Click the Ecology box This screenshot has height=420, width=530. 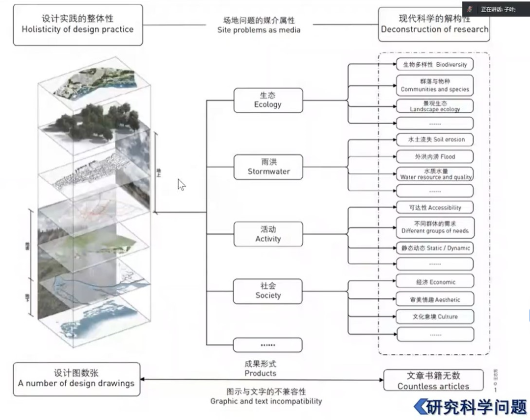[268, 100]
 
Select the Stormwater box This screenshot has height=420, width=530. [268, 167]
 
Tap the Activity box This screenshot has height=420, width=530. [268, 234]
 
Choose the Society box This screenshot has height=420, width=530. [268, 291]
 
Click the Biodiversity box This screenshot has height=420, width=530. [435, 64]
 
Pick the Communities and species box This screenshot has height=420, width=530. [435, 85]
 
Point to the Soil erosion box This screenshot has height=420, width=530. [435, 140]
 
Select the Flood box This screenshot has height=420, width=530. [435, 157]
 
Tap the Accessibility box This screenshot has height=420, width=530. [435, 208]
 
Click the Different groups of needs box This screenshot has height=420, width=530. [435, 227]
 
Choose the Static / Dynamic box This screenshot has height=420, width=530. [435, 248]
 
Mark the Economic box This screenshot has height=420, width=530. [435, 282]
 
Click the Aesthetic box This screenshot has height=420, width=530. [435, 299]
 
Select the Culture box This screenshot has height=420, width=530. [435, 317]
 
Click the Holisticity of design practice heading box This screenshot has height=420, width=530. [78, 25]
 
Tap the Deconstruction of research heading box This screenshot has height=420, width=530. [434, 25]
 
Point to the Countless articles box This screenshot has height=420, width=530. [433, 381]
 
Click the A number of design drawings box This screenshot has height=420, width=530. [76, 379]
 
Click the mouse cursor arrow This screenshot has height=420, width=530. [181, 185]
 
